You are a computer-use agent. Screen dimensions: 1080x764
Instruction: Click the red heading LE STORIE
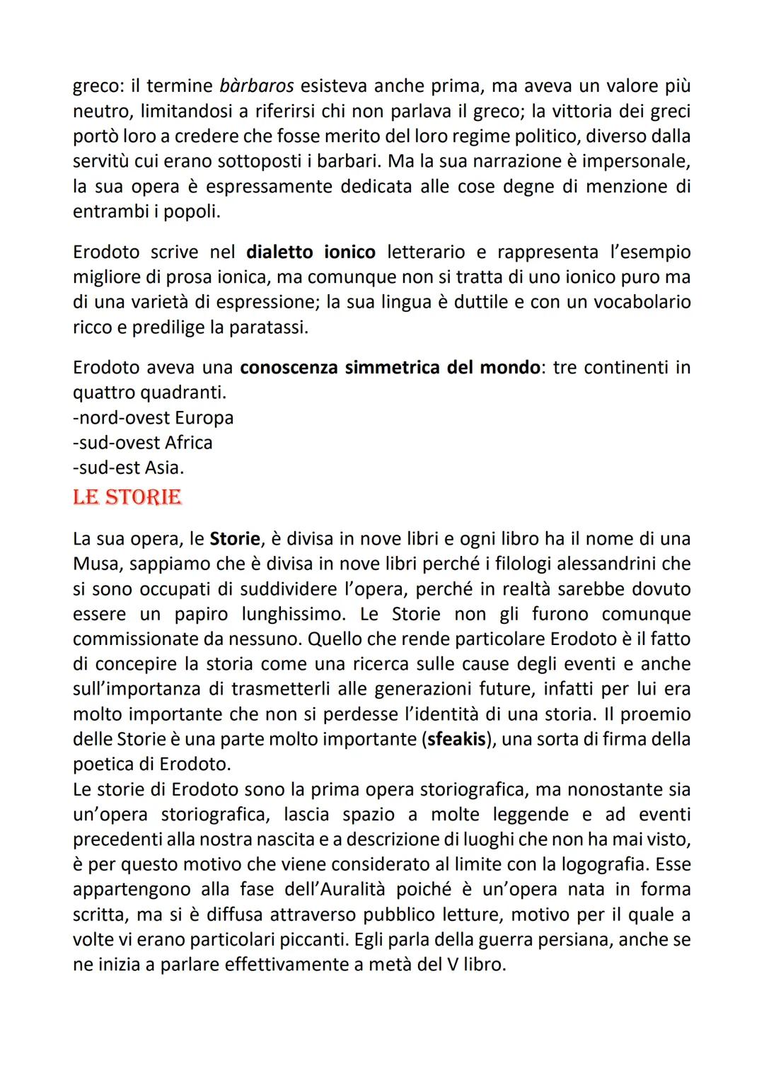[x=127, y=497]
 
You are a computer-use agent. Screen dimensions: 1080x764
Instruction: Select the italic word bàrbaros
[x=257, y=86]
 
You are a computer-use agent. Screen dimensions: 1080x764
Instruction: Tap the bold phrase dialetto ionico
[x=311, y=252]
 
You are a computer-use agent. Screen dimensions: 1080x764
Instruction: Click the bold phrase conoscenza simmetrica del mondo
[x=389, y=368]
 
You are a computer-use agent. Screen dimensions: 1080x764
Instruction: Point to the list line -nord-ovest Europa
[x=153, y=418]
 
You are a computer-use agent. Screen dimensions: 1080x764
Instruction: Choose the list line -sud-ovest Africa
[x=142, y=443]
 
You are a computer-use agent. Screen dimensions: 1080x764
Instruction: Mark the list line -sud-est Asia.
[x=128, y=468]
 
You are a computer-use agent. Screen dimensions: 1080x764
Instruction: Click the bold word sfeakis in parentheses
[x=457, y=739]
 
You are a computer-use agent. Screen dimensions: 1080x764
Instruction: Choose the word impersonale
[x=630, y=161]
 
